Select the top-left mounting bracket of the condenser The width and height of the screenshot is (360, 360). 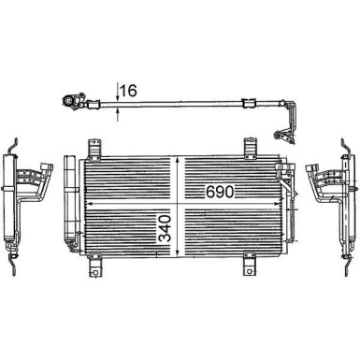[x=93, y=148]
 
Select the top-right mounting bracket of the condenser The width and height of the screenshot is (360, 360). [x=251, y=148]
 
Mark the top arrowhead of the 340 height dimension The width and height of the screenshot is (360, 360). [x=180, y=160]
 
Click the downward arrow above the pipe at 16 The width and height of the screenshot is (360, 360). [x=118, y=94]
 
